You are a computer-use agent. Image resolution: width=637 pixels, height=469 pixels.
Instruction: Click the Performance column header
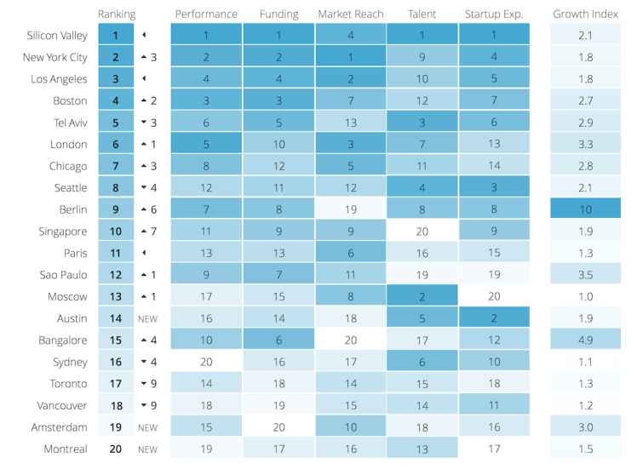click(x=206, y=14)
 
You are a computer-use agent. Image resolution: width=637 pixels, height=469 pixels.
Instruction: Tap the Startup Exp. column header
click(x=494, y=14)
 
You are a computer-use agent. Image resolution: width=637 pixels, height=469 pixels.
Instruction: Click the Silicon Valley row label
click(x=57, y=36)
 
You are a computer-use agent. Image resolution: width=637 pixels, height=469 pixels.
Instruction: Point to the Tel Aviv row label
click(x=70, y=123)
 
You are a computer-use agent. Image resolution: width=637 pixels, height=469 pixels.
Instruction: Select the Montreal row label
click(x=66, y=449)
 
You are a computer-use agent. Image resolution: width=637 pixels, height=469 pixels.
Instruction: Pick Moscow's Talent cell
click(x=422, y=296)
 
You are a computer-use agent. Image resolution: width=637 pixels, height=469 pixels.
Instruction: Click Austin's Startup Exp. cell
click(x=494, y=318)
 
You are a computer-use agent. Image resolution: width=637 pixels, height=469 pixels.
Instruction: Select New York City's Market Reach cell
click(x=350, y=57)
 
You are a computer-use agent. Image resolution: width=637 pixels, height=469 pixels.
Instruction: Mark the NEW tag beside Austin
click(x=148, y=319)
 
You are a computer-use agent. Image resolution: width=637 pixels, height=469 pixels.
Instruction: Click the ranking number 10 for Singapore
click(x=116, y=232)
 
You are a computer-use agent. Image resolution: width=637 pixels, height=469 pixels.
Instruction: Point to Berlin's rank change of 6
click(x=148, y=209)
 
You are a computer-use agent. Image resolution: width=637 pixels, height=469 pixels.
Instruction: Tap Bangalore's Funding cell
click(x=278, y=340)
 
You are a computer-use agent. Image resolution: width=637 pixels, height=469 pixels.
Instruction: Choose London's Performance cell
click(x=206, y=145)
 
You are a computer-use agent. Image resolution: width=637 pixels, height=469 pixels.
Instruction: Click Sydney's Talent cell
click(x=422, y=362)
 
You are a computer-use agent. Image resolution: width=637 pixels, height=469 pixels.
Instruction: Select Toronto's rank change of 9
click(x=148, y=384)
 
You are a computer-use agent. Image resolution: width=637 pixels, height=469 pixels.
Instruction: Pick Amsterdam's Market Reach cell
click(x=350, y=427)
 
